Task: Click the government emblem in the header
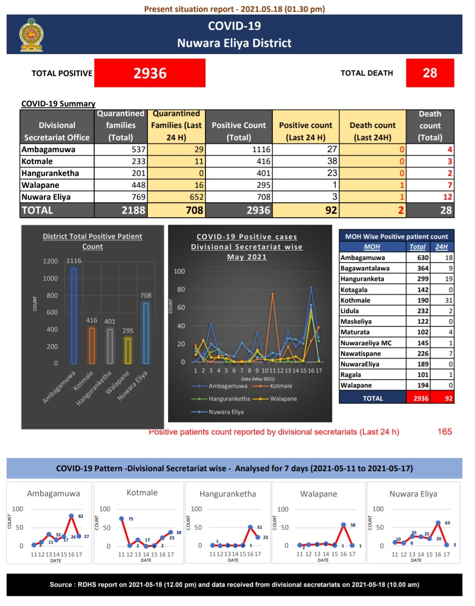point(31,35)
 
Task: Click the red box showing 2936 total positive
point(150,73)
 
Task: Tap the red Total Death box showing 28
point(430,73)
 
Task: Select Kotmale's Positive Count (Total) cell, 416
point(239,161)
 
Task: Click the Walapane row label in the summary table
point(40,185)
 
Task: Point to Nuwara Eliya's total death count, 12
point(447,197)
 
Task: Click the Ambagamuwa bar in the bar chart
point(74,316)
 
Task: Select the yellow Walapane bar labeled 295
point(128,351)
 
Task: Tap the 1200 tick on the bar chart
point(50,261)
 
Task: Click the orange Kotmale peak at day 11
point(273,294)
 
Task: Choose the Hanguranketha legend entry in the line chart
point(221,399)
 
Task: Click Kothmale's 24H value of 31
point(449,300)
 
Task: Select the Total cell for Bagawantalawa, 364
point(423,268)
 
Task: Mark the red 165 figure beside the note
point(445,432)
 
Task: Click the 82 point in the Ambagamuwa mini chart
point(71,516)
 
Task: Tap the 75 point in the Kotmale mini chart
point(121,519)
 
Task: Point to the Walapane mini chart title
point(318,494)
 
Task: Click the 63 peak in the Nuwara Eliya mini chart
point(438,523)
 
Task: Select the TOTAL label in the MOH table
point(373,398)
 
